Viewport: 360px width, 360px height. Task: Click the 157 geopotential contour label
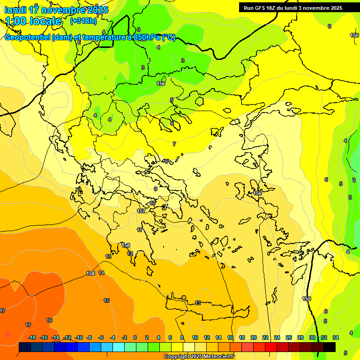[x=141, y=211]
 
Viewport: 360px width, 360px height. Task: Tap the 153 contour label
[x=90, y=273]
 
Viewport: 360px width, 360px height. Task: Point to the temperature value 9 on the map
[x=156, y=189]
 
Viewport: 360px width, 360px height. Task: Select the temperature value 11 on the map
[x=140, y=230]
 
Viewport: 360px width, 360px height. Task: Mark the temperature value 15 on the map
[x=106, y=300]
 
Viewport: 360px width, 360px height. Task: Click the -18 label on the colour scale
[x=32, y=337]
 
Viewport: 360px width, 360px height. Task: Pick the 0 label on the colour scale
[x=135, y=337]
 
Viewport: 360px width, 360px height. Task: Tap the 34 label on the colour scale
[x=335, y=337]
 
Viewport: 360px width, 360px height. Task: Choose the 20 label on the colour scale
[x=253, y=337]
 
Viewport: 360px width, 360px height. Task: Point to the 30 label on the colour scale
[x=312, y=337]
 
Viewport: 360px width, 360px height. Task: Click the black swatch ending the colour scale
[x=330, y=347]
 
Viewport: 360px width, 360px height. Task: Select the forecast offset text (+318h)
[x=83, y=21]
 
